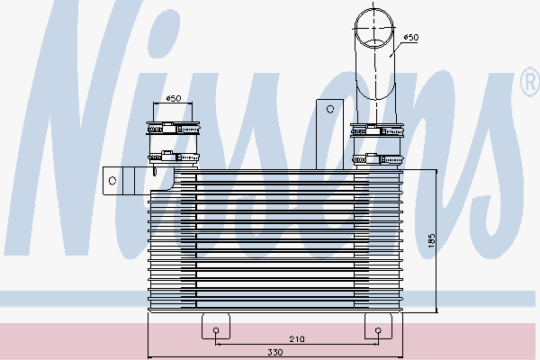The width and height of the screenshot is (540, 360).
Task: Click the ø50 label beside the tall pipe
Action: (x=410, y=37)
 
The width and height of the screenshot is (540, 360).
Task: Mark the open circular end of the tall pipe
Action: (x=372, y=26)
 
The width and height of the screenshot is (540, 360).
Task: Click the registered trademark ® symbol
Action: (x=527, y=85)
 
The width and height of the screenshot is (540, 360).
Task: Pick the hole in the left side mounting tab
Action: (x=112, y=180)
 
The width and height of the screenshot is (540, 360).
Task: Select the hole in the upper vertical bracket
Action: (x=330, y=109)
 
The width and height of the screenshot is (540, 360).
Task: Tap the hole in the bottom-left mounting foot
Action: (x=217, y=330)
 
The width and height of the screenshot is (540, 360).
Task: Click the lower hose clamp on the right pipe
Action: (x=373, y=159)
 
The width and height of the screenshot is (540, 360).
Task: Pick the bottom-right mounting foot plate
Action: (x=377, y=325)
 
